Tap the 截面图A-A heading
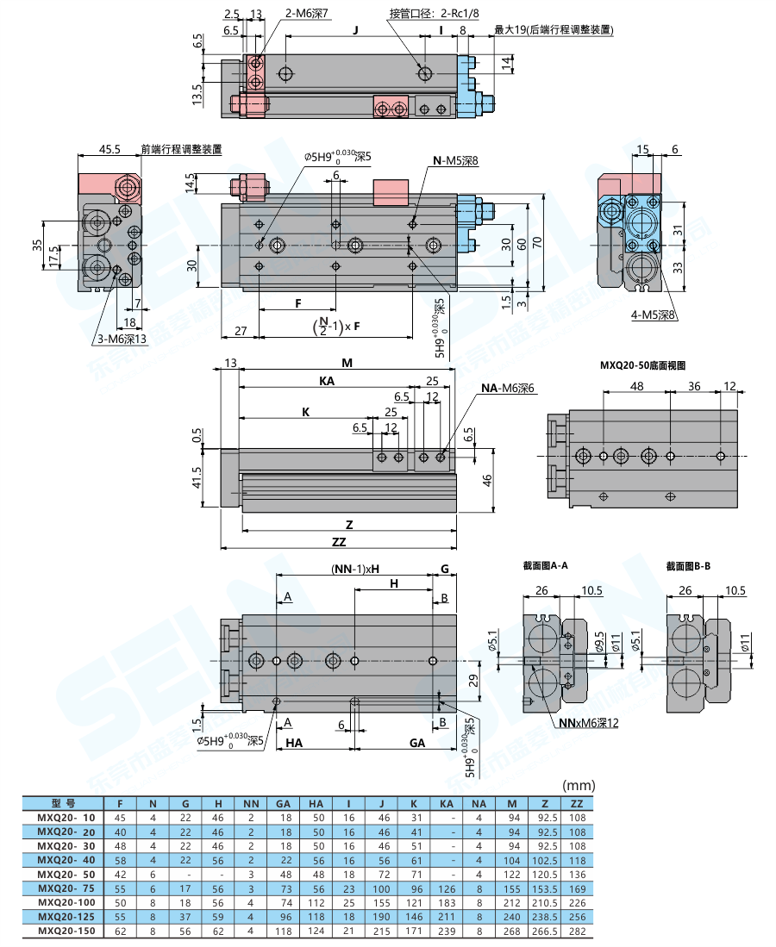click(545, 566)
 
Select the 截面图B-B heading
click(688, 566)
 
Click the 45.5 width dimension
click(110, 149)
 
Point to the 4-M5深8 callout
click(654, 315)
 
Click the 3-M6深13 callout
click(122, 340)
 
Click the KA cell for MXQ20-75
click(447, 888)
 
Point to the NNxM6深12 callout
click(588, 723)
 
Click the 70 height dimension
click(535, 243)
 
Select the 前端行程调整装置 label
click(181, 149)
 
